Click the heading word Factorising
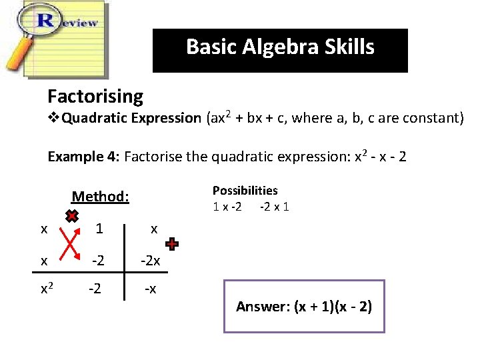(x=95, y=97)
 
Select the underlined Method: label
(x=100, y=197)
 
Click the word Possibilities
(x=245, y=191)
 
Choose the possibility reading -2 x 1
(x=274, y=207)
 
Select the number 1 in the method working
(x=99, y=229)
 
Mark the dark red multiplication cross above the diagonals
(x=72, y=216)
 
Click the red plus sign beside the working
(x=172, y=245)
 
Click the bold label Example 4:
(x=83, y=157)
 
